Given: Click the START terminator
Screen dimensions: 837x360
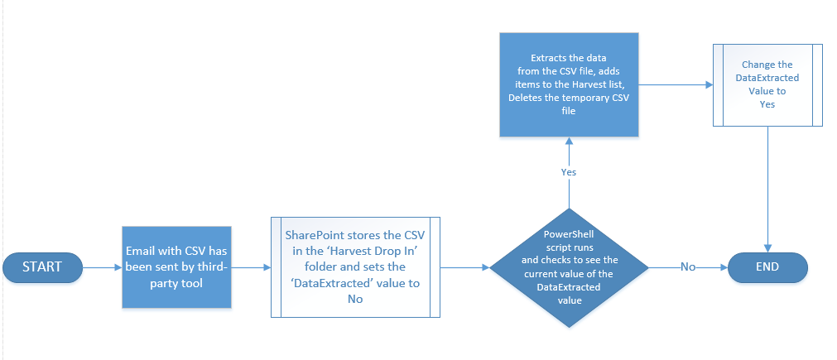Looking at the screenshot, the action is click(x=42, y=267).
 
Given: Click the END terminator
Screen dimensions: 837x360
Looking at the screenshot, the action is click(x=767, y=267).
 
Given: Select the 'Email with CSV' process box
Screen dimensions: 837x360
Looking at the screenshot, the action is click(x=176, y=267).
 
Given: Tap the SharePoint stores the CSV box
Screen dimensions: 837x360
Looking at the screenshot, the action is click(x=355, y=267).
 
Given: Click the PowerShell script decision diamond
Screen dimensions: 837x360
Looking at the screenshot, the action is click(x=569, y=268).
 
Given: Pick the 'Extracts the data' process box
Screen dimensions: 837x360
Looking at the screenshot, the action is click(x=569, y=84).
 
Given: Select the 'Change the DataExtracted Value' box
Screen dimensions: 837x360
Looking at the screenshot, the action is click(x=767, y=84).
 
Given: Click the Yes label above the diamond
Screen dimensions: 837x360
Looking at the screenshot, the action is click(x=569, y=172).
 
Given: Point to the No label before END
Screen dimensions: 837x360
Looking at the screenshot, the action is click(x=688, y=267).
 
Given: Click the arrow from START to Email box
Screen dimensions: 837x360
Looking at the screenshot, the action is click(x=103, y=268).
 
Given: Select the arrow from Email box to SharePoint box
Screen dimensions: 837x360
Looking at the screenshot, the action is click(x=252, y=268).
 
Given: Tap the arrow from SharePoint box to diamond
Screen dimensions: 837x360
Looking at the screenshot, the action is click(x=465, y=268).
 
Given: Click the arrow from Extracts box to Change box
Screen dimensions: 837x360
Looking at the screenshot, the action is click(x=676, y=84).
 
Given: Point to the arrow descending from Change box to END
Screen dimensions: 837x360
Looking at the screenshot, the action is click(x=767, y=190).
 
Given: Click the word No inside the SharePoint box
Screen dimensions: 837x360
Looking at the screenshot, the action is click(x=355, y=300).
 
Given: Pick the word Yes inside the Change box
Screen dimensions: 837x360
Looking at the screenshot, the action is click(x=767, y=104).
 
